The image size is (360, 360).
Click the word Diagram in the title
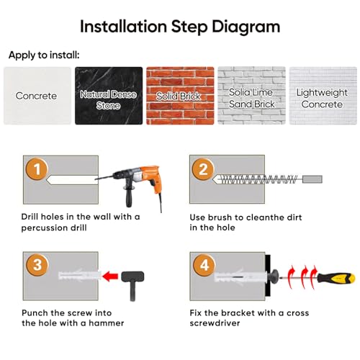(x=246, y=27)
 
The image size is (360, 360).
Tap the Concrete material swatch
(x=37, y=96)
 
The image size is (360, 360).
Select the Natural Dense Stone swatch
(x=109, y=96)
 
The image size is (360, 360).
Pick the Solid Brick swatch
(x=180, y=96)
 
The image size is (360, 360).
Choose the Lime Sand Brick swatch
(x=251, y=96)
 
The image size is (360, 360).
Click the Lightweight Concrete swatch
(x=323, y=96)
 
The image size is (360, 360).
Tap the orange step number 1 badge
(x=37, y=169)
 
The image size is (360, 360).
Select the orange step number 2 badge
(x=203, y=169)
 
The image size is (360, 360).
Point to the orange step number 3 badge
(x=37, y=265)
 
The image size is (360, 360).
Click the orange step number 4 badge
(x=204, y=265)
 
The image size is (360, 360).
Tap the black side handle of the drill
(x=129, y=196)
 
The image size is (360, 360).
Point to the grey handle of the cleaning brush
(x=312, y=179)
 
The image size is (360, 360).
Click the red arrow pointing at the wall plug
(x=110, y=276)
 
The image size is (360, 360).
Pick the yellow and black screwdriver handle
(x=336, y=278)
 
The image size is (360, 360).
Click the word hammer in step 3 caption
(x=107, y=323)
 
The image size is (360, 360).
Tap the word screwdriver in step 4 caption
(x=215, y=323)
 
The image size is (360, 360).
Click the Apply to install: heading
(x=44, y=55)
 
